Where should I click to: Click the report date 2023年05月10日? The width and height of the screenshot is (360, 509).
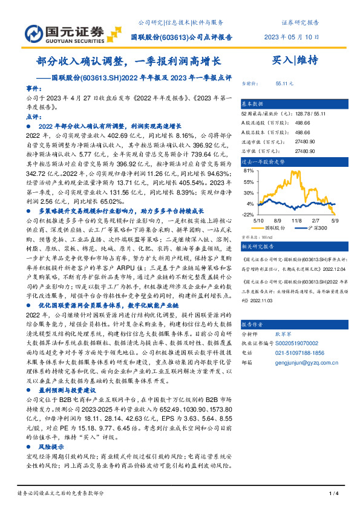click(292, 36)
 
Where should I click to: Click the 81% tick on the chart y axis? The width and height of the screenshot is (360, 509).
click(248, 172)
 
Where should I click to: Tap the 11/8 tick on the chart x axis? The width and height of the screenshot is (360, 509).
click(297, 221)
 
